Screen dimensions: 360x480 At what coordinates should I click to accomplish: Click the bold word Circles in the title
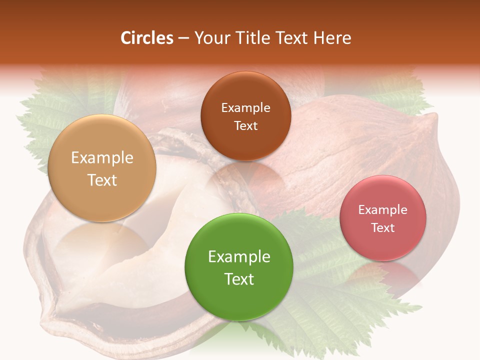point(146,38)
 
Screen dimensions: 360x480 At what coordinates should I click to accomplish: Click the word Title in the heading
point(253,38)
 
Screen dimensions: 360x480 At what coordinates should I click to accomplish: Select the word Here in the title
point(332,38)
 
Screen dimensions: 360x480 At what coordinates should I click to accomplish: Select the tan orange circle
point(102,200)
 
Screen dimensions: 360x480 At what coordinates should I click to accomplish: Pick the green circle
point(238,300)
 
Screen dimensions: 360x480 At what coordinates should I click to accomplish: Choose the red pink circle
point(382,245)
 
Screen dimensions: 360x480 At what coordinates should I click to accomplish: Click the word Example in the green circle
point(238,257)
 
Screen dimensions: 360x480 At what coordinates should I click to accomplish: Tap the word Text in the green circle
point(238,279)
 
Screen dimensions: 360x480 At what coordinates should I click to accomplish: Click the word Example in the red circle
point(382,210)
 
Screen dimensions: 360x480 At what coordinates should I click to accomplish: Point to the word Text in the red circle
point(382,228)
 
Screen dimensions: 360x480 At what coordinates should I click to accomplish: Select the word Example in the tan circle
point(102,158)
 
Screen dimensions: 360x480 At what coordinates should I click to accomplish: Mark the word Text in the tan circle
point(102,180)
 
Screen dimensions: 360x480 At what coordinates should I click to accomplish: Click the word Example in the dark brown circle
point(245,108)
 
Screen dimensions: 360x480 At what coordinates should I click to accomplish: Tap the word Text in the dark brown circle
point(245,126)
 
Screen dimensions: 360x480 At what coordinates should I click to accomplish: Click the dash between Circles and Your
point(183,38)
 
